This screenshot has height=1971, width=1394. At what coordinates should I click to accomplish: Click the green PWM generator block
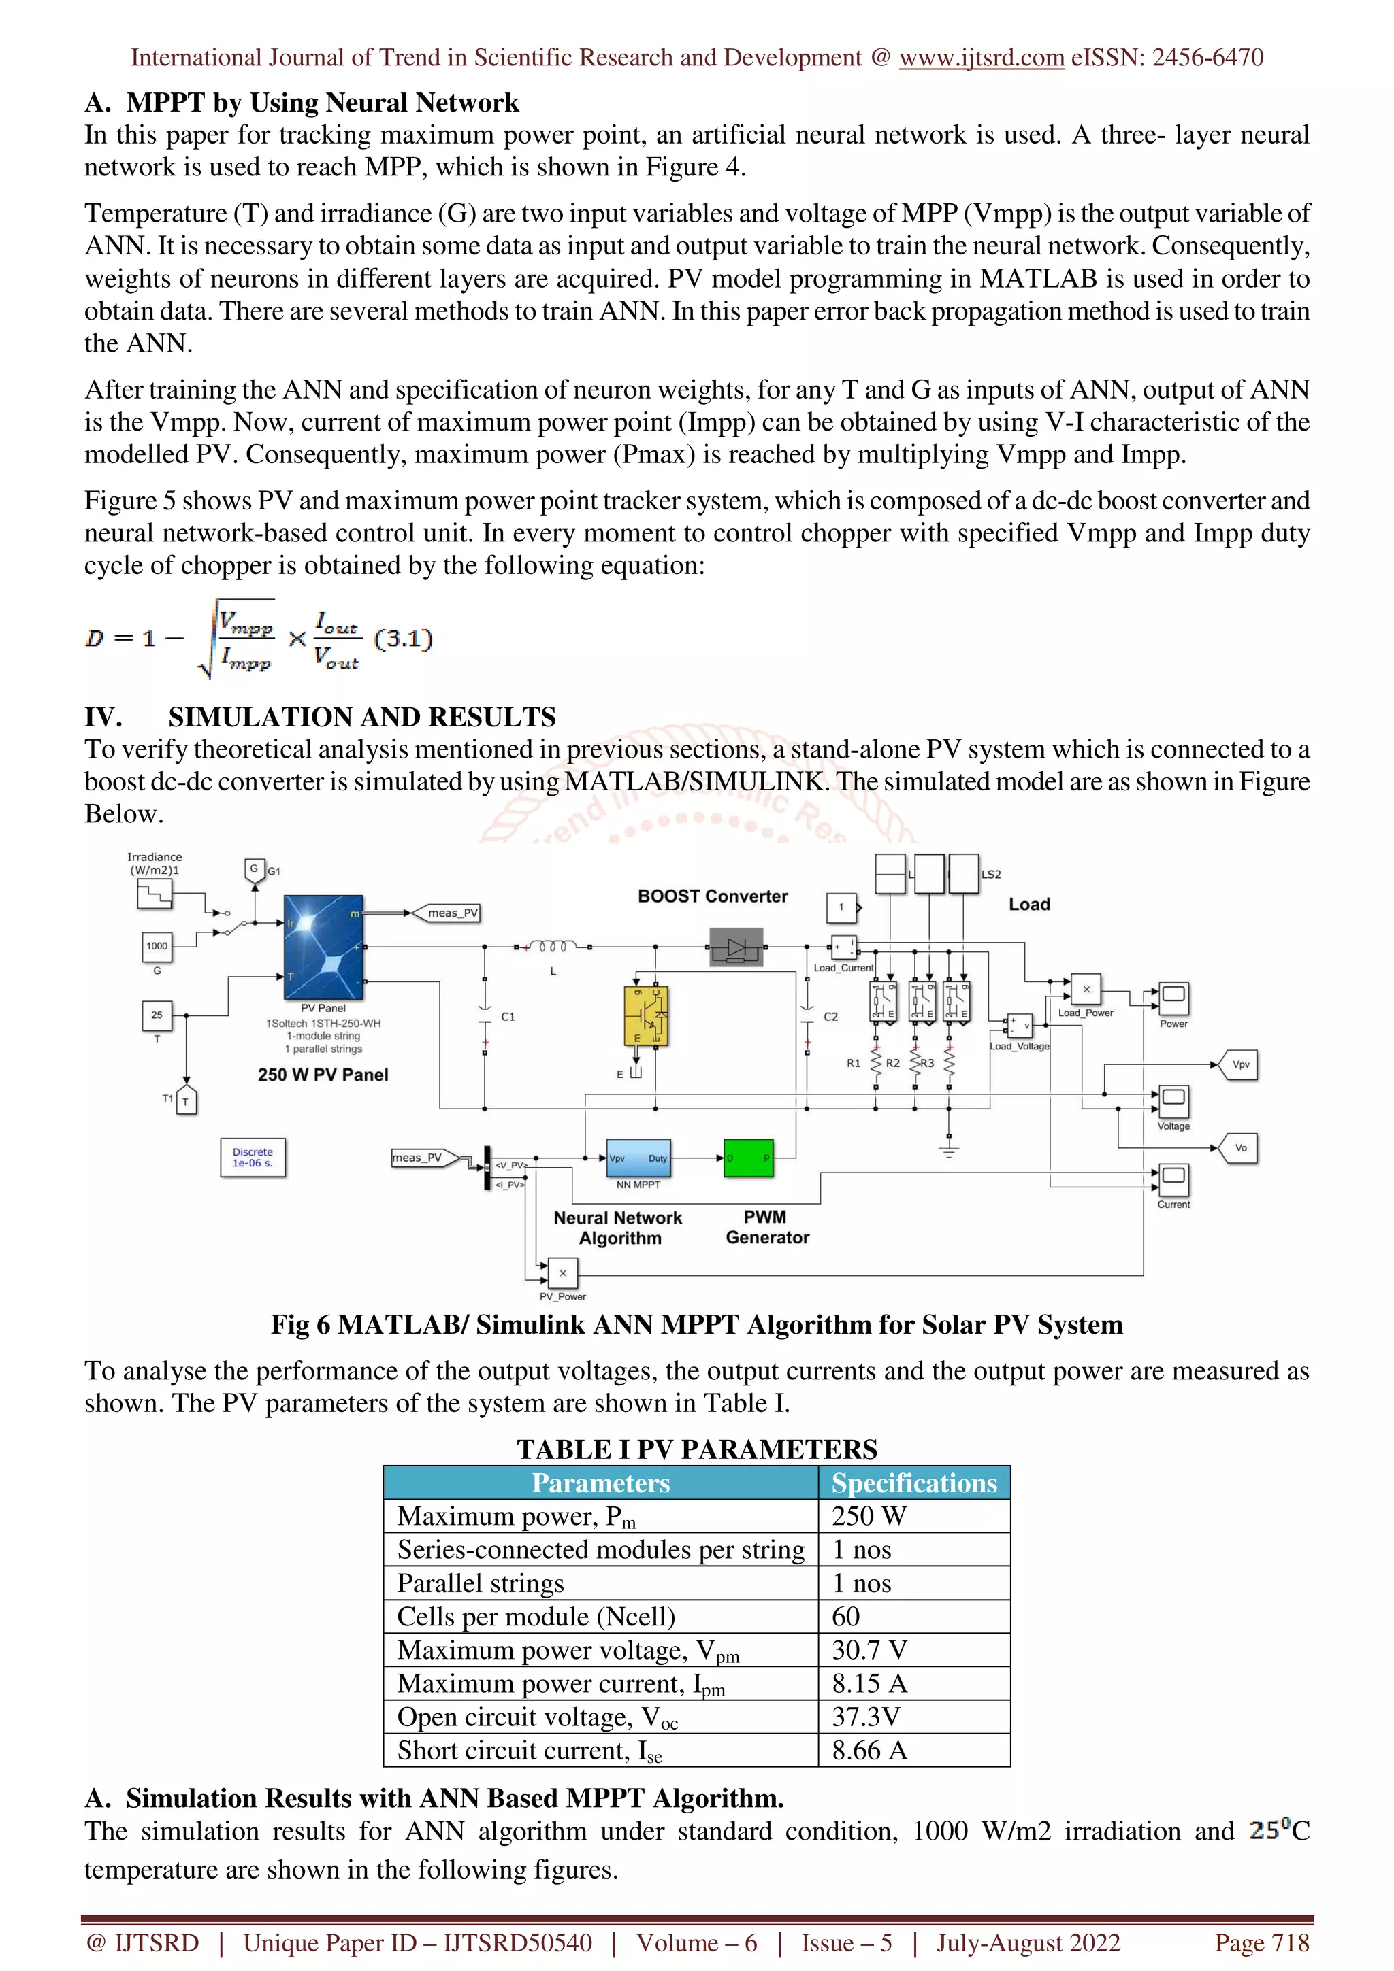click(748, 1158)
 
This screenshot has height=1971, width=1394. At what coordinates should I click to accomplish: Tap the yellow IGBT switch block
click(646, 1015)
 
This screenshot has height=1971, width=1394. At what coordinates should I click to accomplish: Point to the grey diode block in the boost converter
click(736, 947)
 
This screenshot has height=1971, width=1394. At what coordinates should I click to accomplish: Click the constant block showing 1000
click(157, 947)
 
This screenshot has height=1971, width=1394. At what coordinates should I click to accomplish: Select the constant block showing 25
click(157, 1015)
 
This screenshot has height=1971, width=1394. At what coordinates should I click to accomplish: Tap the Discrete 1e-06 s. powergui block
click(253, 1157)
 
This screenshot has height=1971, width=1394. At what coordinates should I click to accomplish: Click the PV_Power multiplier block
click(563, 1273)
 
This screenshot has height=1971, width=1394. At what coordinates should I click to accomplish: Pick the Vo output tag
click(1240, 1148)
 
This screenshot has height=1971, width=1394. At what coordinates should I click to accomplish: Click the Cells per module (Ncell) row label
click(536, 1617)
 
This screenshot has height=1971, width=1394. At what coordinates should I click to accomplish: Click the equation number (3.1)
click(404, 638)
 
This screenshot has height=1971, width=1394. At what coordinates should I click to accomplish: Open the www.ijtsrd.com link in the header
click(981, 58)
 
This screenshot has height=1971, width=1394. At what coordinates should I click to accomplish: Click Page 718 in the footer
click(1261, 1942)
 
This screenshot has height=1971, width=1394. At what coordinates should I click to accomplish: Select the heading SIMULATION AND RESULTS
click(361, 717)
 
